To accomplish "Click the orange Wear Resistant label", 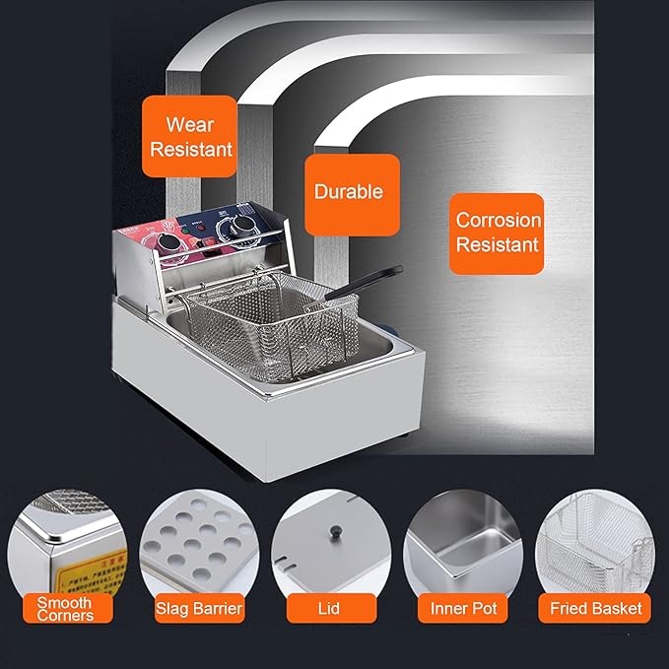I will [189, 137].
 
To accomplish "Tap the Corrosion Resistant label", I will [498, 233].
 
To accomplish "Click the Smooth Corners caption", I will [65, 609].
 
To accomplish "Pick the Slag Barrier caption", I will [198, 609].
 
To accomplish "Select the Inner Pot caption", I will [462, 609].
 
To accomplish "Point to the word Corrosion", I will [499, 221].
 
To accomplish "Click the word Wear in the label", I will [189, 125].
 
